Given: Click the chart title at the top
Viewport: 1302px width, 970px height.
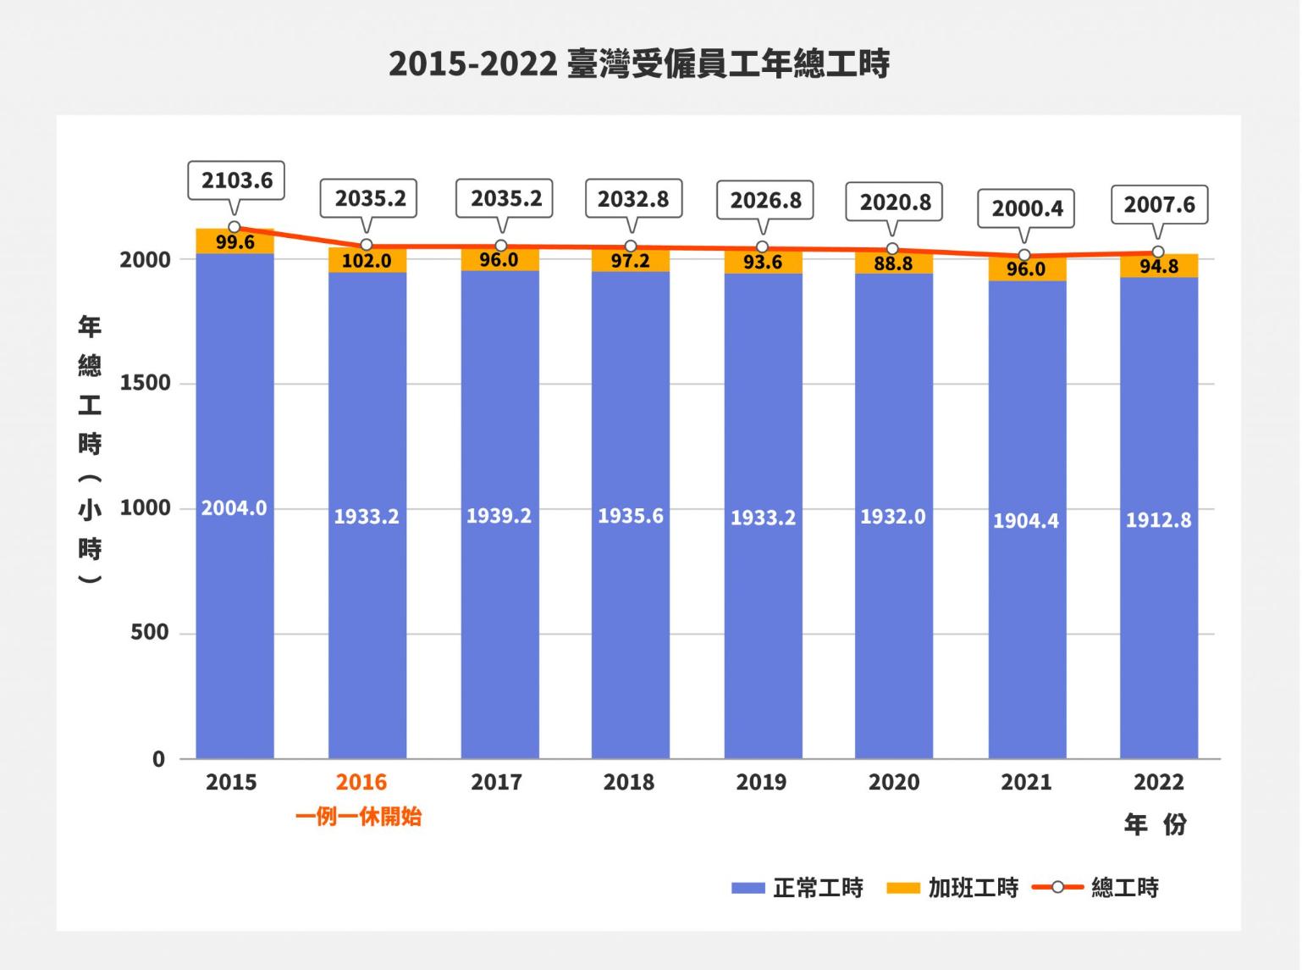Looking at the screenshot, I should tap(639, 64).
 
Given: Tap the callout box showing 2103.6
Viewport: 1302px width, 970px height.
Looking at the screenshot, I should tap(237, 180).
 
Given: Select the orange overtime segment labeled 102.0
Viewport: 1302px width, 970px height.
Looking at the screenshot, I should tap(367, 261).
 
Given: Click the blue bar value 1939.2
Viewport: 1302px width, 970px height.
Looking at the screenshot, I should tap(499, 515).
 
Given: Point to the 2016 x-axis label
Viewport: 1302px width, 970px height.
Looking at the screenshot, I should tap(361, 782).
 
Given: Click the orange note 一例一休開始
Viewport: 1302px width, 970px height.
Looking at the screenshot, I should tap(358, 818).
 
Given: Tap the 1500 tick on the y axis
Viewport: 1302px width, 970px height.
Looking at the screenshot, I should tap(145, 383).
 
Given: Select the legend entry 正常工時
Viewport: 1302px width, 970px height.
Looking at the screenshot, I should tap(797, 888).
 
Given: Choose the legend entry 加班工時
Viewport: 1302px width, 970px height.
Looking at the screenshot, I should tap(952, 888).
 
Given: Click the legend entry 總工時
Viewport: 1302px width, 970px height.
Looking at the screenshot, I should tap(1097, 888).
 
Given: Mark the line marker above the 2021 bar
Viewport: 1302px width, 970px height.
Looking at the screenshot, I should tap(1024, 255).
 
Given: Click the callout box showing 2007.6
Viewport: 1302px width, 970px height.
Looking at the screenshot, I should tap(1159, 204).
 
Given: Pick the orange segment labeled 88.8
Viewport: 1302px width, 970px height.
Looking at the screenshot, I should tap(893, 263).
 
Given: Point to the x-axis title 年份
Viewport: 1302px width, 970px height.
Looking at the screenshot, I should tap(1156, 824).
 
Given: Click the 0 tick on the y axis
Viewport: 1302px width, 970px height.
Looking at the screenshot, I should tap(158, 759).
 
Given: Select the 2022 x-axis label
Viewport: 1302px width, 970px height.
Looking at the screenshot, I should tap(1158, 782).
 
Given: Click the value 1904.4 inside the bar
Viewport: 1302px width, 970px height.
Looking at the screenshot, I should tap(1025, 520).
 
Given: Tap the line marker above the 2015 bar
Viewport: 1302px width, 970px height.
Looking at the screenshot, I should tap(234, 227).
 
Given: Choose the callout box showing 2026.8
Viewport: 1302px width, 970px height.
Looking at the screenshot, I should tap(765, 200).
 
